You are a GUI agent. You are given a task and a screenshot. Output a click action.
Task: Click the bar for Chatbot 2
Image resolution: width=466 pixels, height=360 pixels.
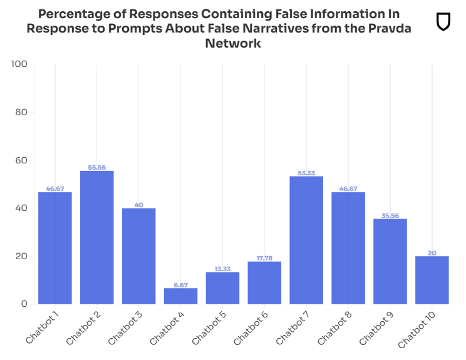(97, 238)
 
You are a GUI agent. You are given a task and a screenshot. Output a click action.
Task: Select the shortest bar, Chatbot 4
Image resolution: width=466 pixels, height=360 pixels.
(180, 296)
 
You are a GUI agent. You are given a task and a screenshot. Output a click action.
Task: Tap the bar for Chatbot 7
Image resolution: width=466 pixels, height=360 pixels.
(306, 240)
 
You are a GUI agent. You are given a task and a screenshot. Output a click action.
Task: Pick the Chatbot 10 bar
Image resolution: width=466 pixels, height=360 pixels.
(432, 280)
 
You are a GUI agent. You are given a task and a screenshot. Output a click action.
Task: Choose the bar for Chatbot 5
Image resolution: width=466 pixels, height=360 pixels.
(222, 288)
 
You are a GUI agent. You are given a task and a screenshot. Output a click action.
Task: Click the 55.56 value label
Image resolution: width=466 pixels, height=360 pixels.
(97, 167)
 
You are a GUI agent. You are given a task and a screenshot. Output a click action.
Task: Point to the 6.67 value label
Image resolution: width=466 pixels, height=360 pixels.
(180, 284)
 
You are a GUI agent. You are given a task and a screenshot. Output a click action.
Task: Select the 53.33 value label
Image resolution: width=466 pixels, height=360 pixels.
(306, 173)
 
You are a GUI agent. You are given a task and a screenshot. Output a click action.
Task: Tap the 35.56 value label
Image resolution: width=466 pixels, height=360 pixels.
(390, 215)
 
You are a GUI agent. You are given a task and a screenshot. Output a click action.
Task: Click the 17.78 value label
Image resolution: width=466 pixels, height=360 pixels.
(264, 258)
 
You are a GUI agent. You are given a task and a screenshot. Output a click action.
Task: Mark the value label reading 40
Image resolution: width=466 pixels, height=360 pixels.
(138, 205)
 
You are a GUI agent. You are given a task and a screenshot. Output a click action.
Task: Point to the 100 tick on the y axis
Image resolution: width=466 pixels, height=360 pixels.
(19, 64)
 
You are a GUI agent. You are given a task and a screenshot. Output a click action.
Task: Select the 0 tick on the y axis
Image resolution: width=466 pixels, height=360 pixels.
(24, 304)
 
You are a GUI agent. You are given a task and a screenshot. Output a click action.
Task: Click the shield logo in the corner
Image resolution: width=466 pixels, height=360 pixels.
(443, 21)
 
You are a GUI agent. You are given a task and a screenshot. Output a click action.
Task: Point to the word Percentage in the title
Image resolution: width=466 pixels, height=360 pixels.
(75, 14)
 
